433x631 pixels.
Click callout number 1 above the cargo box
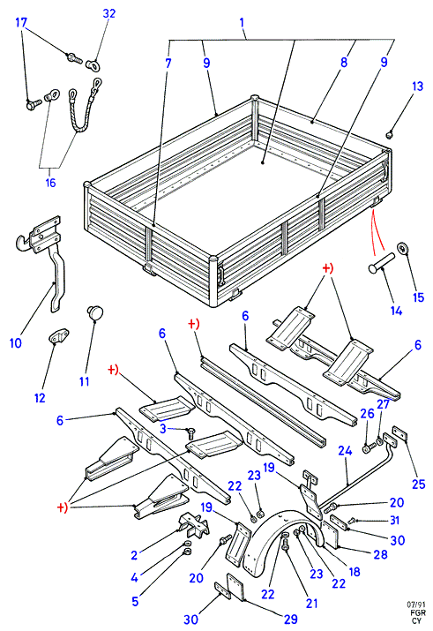(242, 22)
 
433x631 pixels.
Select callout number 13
(418, 86)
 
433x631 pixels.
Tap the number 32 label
(109, 14)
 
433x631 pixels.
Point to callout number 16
(50, 183)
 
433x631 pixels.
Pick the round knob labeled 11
(95, 313)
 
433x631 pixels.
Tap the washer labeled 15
(402, 248)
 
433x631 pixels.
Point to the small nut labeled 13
(389, 135)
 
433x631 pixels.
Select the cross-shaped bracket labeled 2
(194, 525)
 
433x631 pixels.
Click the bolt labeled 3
(191, 433)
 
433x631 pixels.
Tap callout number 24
(345, 451)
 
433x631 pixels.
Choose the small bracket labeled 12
(59, 336)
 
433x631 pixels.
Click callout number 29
(290, 619)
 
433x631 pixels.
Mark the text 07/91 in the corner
(416, 605)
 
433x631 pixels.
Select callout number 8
(344, 63)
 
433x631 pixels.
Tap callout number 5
(135, 601)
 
